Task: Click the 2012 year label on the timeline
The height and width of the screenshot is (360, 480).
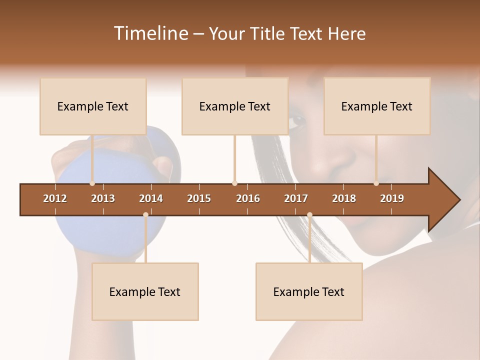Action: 55,198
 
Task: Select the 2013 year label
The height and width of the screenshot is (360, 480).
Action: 103,198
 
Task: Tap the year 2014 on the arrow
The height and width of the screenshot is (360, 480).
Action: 151,198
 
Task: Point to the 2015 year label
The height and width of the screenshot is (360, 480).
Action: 199,198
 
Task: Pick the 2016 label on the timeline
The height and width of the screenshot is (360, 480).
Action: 248,198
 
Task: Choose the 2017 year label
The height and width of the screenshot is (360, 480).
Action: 296,198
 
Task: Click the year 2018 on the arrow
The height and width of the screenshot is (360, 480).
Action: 344,198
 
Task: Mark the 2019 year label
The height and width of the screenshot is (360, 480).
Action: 392,198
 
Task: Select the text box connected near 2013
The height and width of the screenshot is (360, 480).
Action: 93,106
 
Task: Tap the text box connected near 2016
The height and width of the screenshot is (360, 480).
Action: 235,106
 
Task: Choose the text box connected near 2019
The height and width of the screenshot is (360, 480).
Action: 377,106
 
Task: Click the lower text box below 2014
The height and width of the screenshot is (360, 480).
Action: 145,292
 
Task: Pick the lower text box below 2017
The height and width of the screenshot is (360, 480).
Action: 309,292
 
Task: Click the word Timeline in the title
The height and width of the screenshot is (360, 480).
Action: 150,33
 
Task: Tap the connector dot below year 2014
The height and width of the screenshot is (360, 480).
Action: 145,214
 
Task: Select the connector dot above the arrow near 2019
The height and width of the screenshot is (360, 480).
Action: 376,183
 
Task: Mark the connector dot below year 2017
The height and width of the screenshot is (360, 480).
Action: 309,214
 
